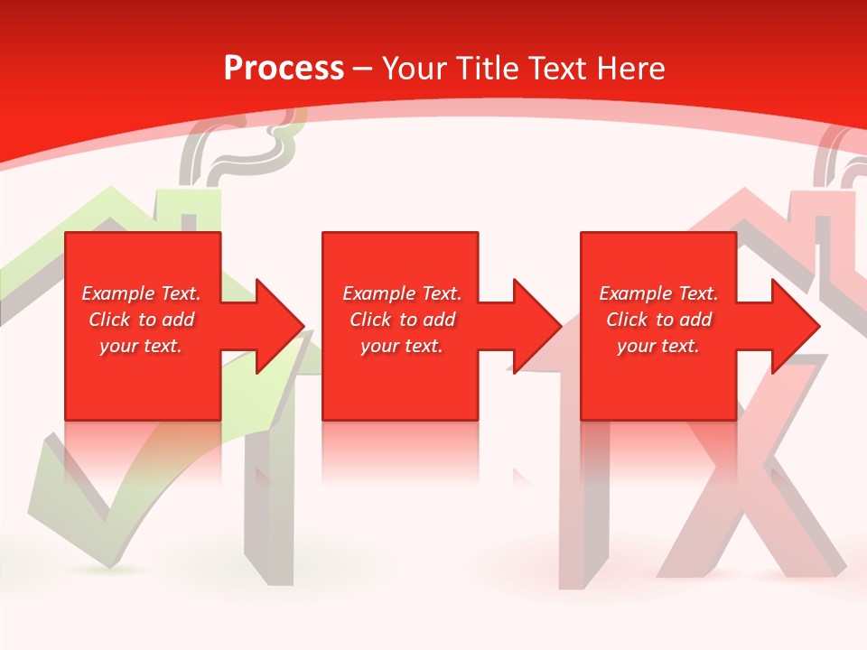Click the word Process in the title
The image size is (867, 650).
284,69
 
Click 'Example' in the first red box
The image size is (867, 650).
117,293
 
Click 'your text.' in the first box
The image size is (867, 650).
141,346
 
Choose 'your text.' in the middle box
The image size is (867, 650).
402,346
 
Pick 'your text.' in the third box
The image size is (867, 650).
658,346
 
